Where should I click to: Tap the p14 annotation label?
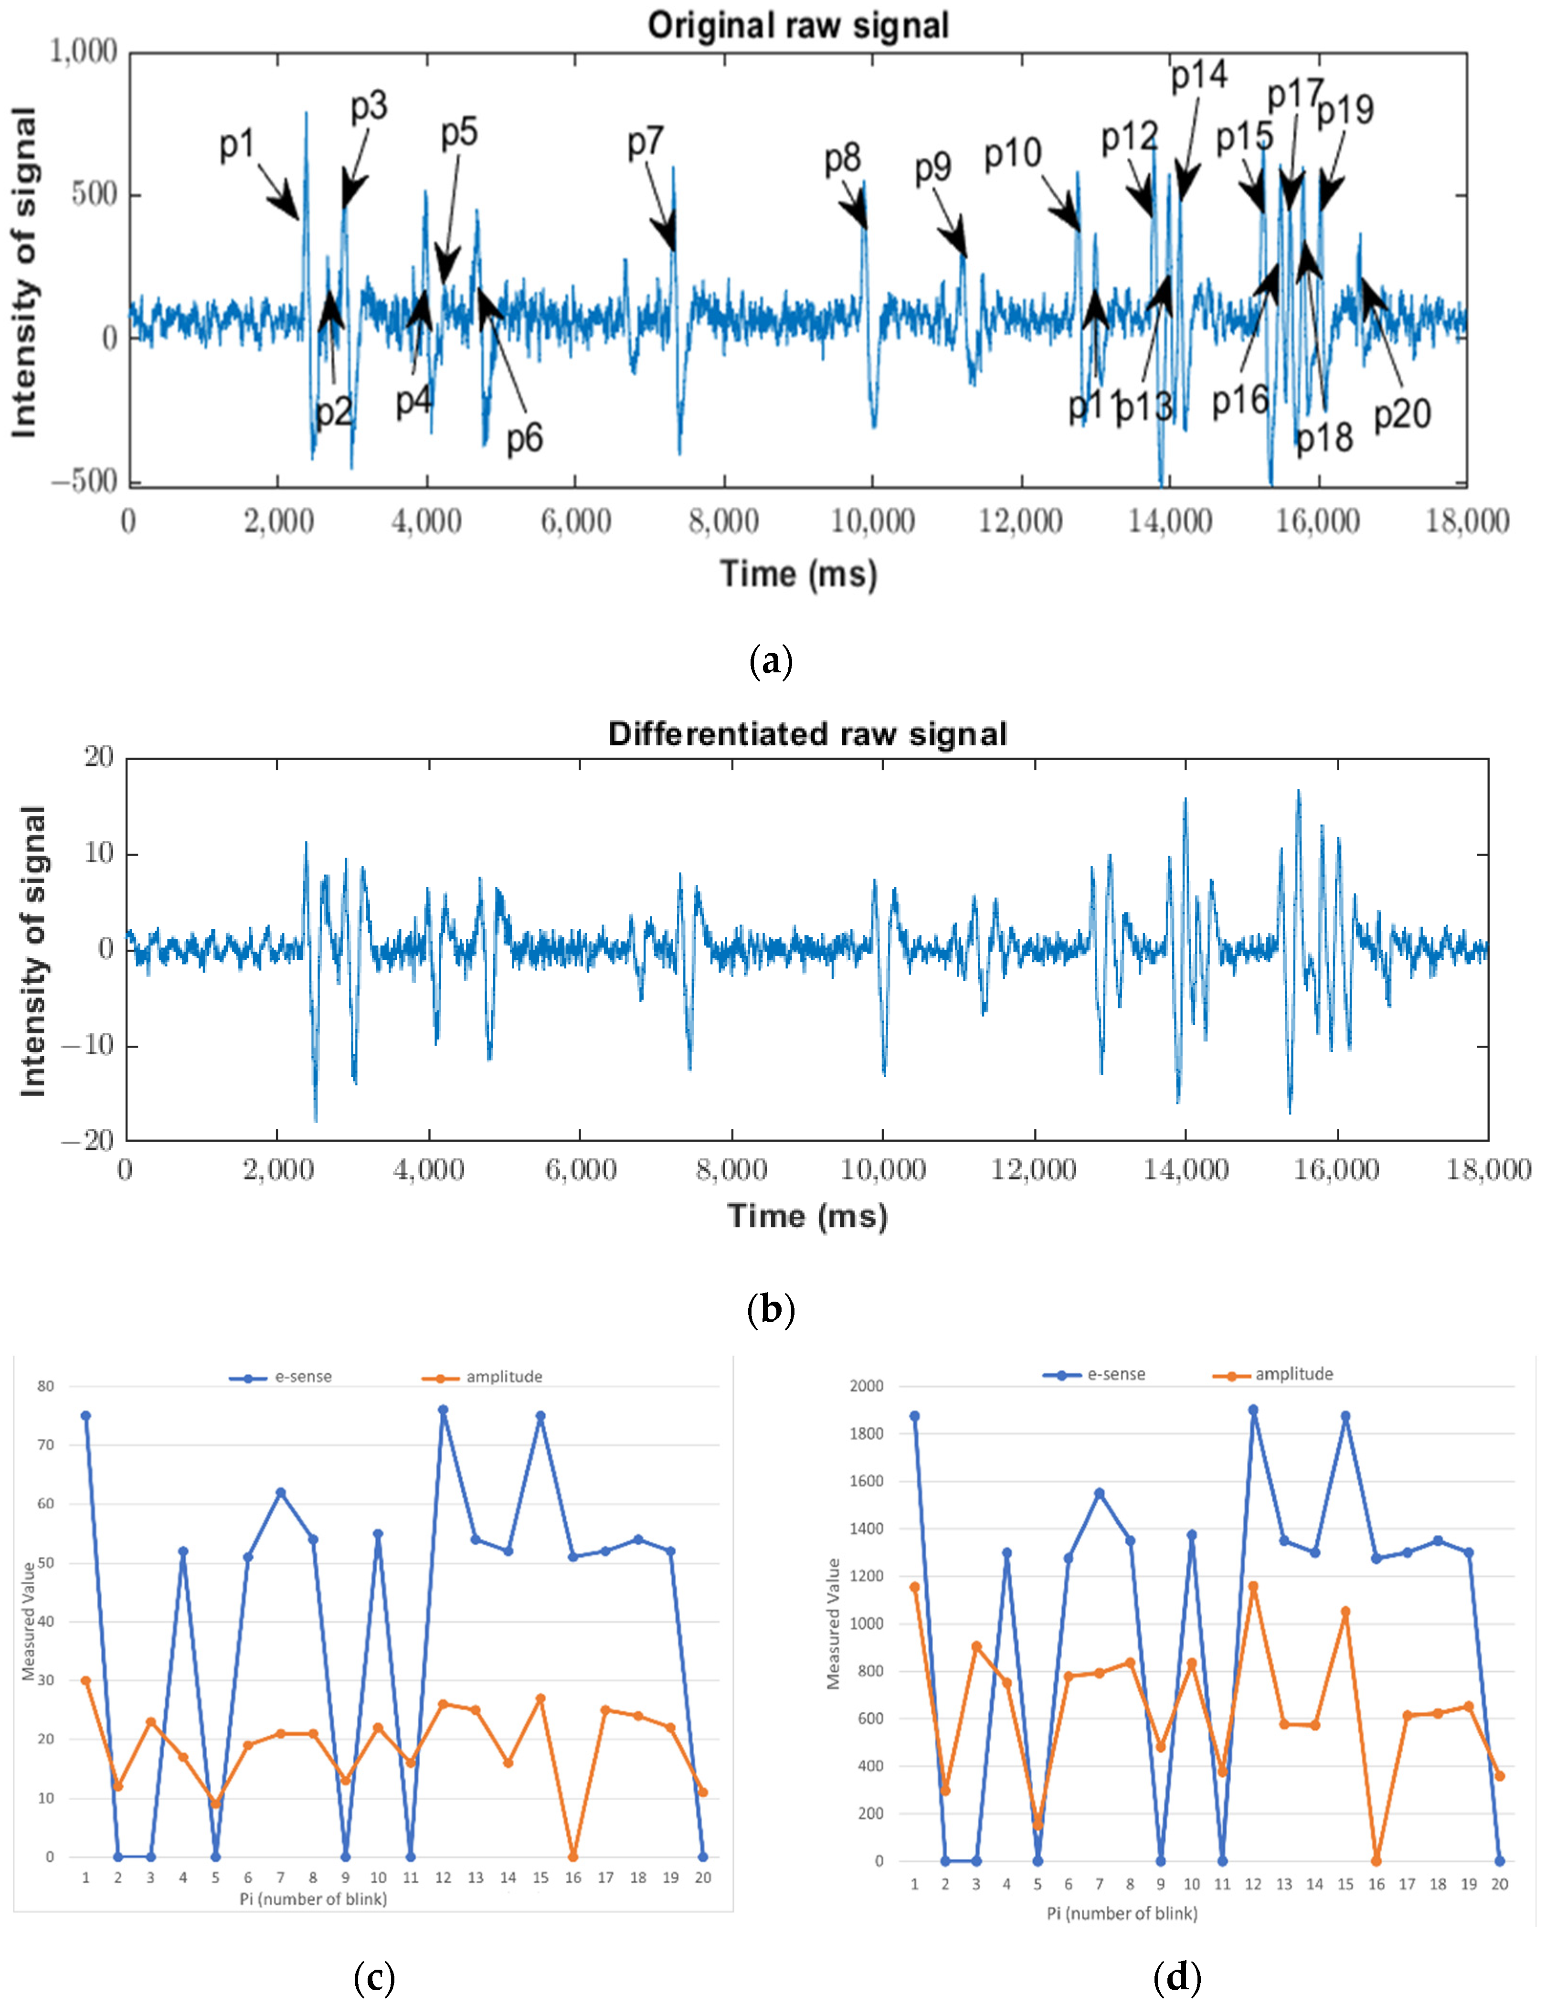(1199, 75)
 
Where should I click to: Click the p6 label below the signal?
(525, 438)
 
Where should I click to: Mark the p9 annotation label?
(932, 168)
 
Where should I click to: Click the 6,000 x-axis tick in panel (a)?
(575, 522)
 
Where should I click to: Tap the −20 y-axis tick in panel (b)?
(87, 1141)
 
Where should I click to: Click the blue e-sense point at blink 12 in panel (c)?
(443, 1410)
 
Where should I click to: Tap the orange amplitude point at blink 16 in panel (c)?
(573, 1856)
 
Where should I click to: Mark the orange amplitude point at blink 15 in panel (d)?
(1346, 1611)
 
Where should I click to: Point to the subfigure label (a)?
(771, 661)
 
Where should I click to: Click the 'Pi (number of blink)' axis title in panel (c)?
(313, 1899)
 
